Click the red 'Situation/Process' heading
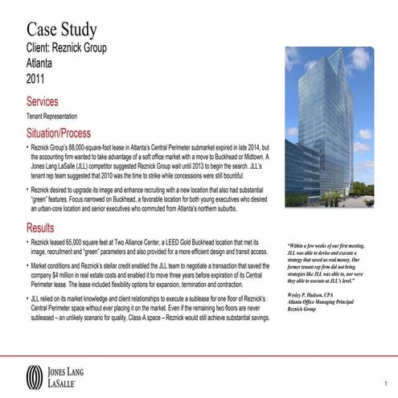(x=69, y=133)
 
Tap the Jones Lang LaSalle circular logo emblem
(x=35, y=375)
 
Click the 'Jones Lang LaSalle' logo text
(x=76, y=375)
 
